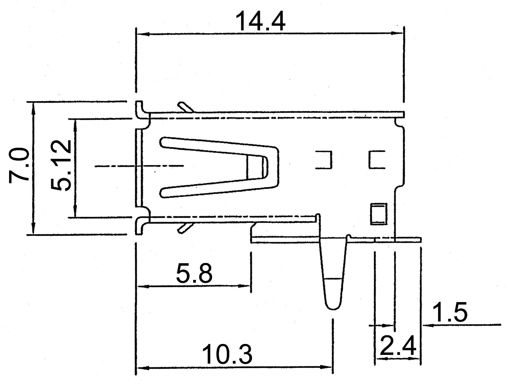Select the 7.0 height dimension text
coord(19,165)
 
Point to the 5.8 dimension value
coord(194,273)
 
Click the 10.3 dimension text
coord(227,355)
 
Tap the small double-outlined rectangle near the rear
coord(379,214)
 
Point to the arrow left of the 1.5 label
coord(428,325)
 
